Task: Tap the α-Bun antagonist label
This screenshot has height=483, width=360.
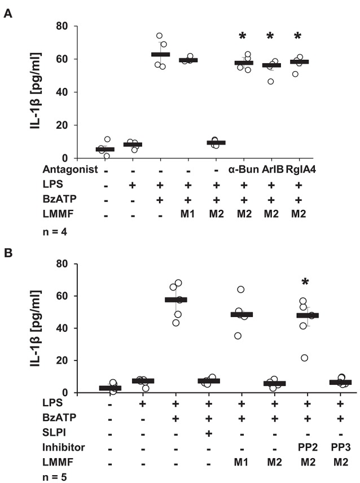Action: click(243, 169)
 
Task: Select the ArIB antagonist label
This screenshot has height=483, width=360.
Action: click(275, 169)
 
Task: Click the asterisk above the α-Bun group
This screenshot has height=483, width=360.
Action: click(243, 37)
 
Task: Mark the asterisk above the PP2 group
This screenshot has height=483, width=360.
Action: click(308, 283)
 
